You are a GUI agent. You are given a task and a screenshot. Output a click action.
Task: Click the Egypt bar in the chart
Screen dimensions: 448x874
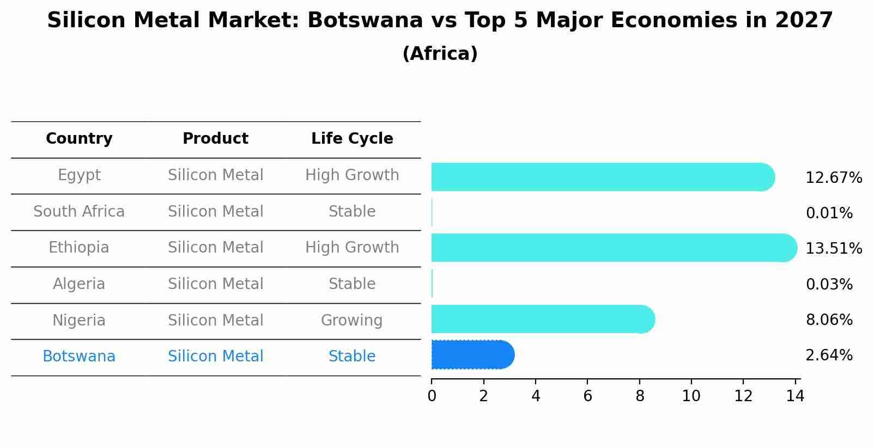coord(602,177)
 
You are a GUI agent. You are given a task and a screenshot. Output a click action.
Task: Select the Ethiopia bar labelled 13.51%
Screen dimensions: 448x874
coord(613,248)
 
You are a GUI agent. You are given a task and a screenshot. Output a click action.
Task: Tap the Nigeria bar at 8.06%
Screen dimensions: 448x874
coord(542,319)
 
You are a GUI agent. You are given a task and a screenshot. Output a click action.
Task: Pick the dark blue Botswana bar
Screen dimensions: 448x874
coord(472,355)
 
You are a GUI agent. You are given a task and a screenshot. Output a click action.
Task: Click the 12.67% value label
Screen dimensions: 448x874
coord(833,178)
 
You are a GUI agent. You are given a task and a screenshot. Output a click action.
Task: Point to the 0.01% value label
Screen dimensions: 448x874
coord(829,213)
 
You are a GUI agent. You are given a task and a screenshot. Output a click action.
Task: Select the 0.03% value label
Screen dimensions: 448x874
coord(829,284)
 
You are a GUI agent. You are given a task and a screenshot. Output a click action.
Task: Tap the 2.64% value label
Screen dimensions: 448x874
coord(829,355)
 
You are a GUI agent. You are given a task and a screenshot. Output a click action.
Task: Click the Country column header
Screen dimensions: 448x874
coord(79,139)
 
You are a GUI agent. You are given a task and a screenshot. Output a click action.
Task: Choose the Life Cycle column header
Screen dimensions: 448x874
coord(352,139)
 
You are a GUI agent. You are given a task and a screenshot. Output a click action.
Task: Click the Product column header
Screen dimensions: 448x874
coord(215,139)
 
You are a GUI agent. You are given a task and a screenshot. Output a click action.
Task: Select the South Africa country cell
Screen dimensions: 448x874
coord(79,211)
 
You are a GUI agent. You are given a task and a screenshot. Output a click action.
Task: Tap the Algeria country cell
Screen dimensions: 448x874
coord(79,284)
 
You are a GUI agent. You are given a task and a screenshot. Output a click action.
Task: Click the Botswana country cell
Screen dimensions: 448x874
coord(79,357)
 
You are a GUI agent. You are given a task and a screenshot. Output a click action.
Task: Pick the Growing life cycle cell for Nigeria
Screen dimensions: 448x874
coord(352,320)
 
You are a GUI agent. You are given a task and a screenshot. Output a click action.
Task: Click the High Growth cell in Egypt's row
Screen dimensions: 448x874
coord(352,175)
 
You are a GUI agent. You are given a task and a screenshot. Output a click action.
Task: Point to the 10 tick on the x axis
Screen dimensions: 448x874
coord(691,396)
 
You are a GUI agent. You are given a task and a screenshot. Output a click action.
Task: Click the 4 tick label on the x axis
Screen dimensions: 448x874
coord(536,396)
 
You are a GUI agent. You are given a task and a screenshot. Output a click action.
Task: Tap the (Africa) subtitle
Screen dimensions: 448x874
coord(440,54)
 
